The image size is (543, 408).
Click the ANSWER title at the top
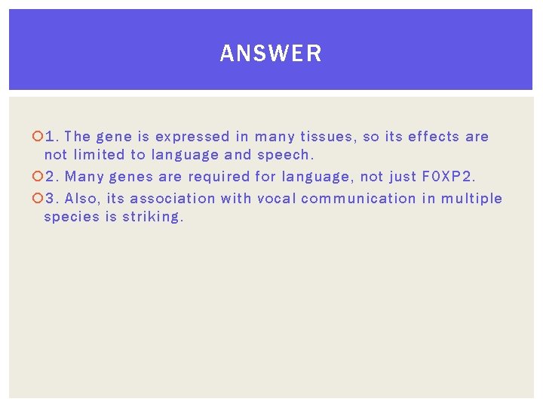click(x=271, y=54)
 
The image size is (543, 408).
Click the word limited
click(x=100, y=155)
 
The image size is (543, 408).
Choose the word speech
click(x=285, y=155)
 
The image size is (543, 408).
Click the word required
click(x=219, y=177)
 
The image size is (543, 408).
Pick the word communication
click(x=353, y=199)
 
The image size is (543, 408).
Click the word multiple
click(x=471, y=199)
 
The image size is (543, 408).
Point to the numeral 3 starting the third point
click(x=50, y=199)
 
